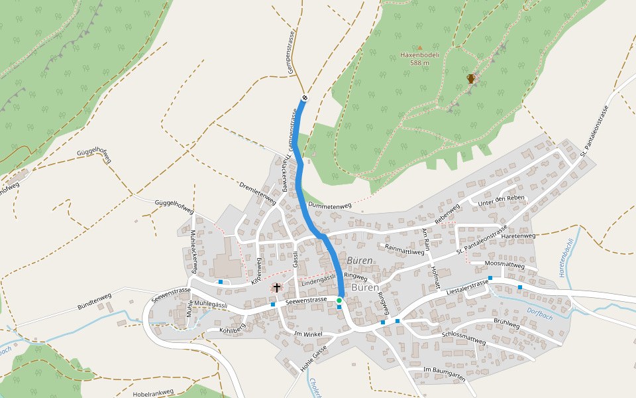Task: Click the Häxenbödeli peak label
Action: coord(419,55)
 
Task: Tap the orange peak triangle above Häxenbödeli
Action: coord(419,47)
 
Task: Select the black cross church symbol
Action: coord(277,288)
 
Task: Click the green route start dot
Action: coord(339,300)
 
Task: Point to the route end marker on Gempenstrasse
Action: coord(305,98)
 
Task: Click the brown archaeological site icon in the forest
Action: coord(471,78)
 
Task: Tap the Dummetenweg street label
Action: coord(330,206)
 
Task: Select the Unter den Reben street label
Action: coord(502,199)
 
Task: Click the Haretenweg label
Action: coord(519,236)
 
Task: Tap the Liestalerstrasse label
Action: coord(468,287)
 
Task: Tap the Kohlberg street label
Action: coord(233,327)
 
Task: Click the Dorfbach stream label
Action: coord(540,313)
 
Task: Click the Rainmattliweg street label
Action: coord(404,250)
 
